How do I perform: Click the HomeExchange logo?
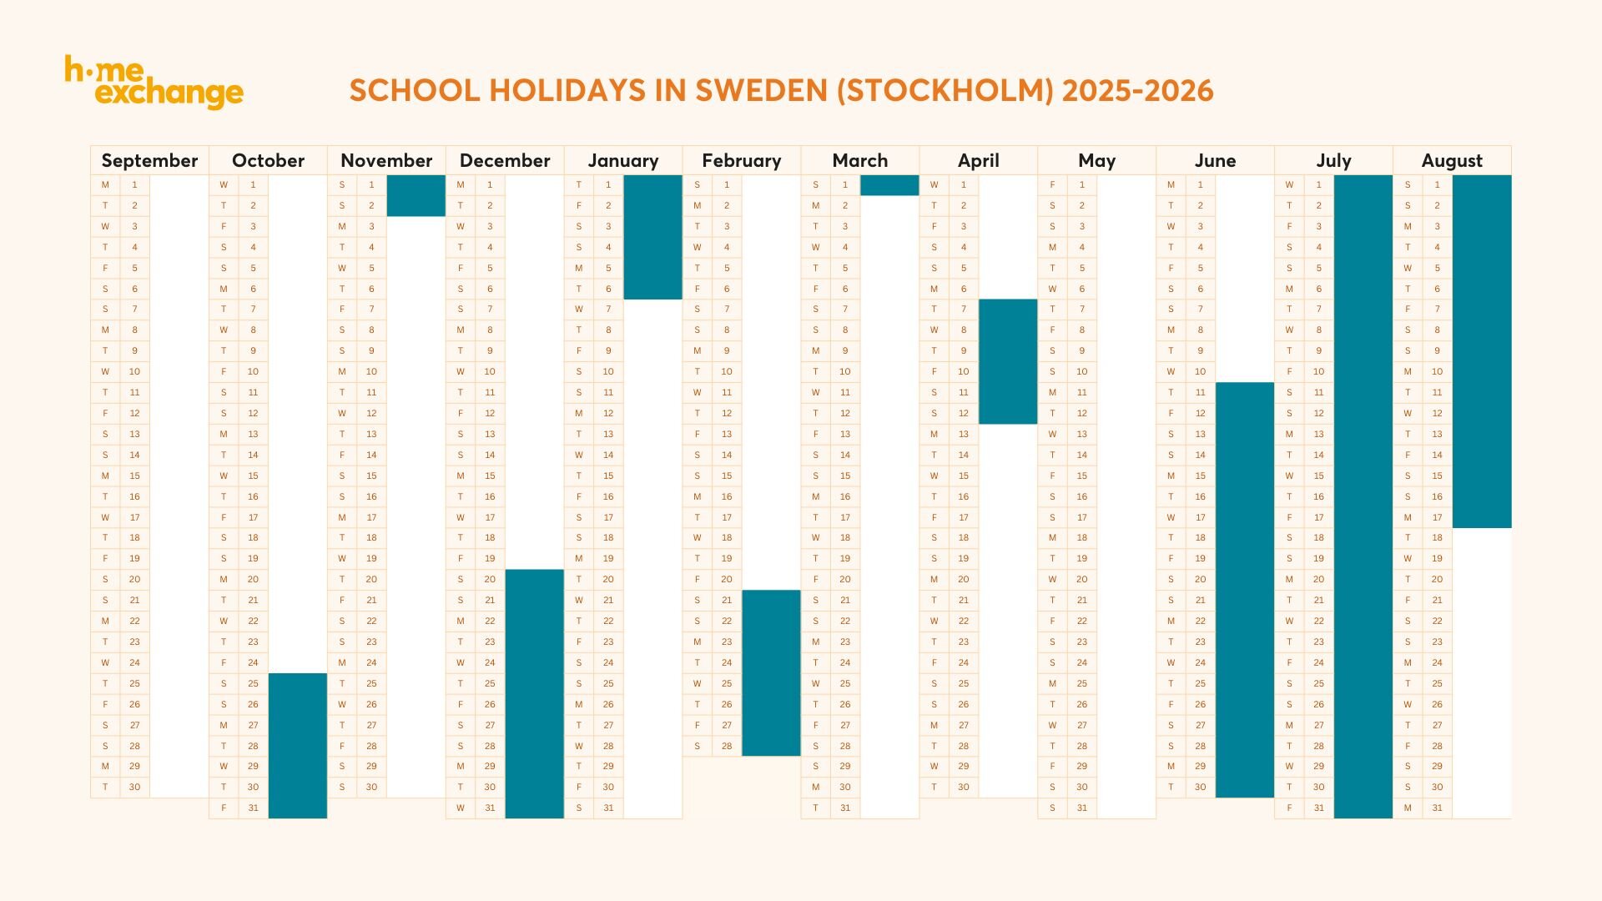pos(154,82)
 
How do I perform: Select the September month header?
pos(149,160)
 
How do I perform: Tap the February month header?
pos(741,160)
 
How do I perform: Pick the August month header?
pos(1452,160)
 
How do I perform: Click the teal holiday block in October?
pos(297,745)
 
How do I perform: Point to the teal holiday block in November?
pos(416,195)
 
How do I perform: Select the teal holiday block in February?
pos(771,672)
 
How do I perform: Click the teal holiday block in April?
pos(1008,361)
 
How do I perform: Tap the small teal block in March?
pos(889,185)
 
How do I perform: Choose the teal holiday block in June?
pos(1245,589)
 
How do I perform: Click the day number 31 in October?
pos(253,808)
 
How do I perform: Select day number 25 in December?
pos(490,683)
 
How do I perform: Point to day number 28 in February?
pos(727,746)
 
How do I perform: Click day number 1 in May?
pos(1082,184)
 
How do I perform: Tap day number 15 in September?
pos(134,476)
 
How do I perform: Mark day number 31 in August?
pos(1437,808)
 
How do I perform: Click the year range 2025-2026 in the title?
pos(1137,90)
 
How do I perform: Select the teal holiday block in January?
pos(652,237)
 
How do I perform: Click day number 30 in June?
pos(1200,787)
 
